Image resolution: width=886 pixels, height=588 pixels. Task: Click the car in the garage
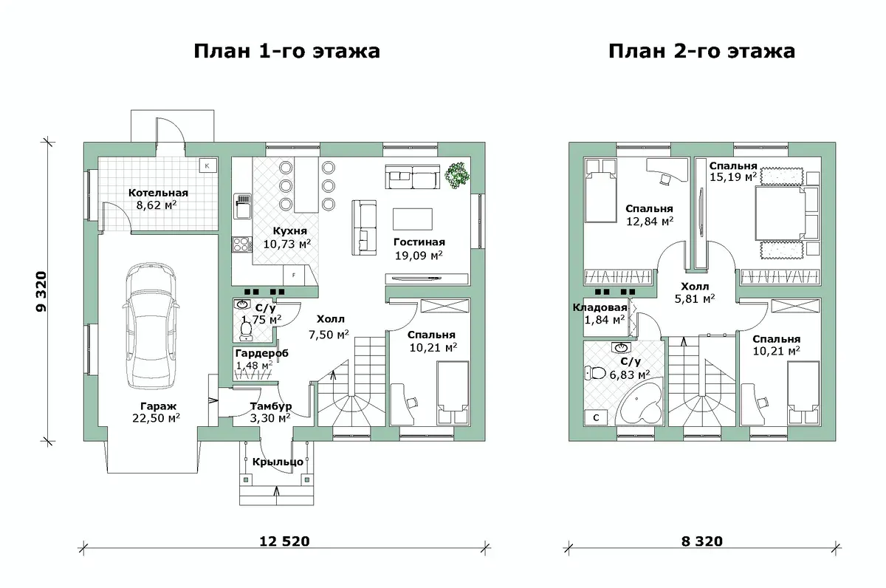[x=151, y=325]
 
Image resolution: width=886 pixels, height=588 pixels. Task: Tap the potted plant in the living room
[x=457, y=174]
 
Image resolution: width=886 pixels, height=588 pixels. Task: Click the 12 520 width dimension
[x=284, y=541]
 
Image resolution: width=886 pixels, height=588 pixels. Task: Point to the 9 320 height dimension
[x=41, y=291]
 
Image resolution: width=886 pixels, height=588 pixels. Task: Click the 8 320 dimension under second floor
[x=701, y=541]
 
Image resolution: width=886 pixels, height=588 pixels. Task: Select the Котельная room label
[x=158, y=193]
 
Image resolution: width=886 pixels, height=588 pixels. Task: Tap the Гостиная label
[x=419, y=242]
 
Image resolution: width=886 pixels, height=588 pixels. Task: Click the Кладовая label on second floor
[x=600, y=307]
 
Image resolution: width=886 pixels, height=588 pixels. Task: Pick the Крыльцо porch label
[x=278, y=462]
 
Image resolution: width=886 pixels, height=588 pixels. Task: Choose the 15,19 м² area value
[x=733, y=177]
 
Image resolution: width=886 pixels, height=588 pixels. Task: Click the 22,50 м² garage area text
[x=157, y=418]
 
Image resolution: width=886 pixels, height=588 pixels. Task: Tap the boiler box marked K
[x=207, y=165]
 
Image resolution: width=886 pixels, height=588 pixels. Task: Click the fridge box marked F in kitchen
[x=294, y=275]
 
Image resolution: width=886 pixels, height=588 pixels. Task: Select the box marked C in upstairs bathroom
[x=596, y=417]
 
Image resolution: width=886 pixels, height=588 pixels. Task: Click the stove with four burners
[x=242, y=245]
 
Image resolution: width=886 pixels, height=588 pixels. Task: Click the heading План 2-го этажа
[x=701, y=52]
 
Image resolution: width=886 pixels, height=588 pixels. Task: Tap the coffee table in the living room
[x=413, y=219]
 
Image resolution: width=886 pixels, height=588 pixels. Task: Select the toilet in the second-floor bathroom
[x=595, y=373]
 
